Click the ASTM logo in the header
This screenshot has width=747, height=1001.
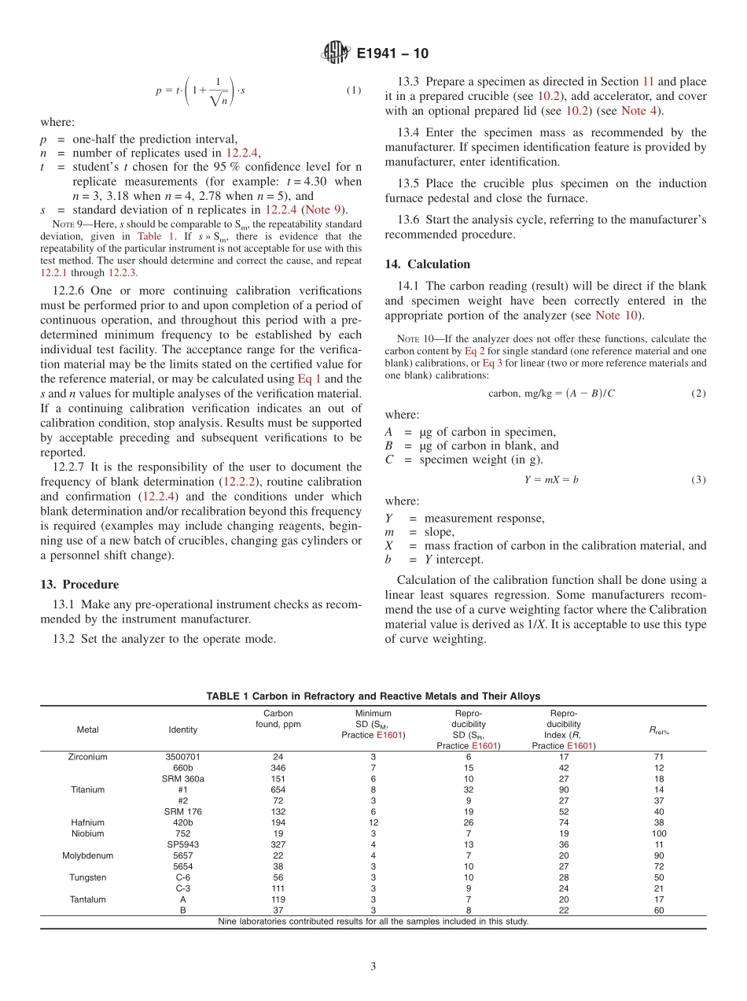[336, 54]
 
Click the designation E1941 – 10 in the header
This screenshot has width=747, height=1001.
[392, 54]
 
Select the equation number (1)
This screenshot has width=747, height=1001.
[354, 90]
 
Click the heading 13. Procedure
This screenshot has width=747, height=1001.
[79, 585]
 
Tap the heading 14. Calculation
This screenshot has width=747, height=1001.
[427, 264]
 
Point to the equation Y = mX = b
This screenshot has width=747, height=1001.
[545, 479]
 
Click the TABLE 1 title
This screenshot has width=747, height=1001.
[373, 696]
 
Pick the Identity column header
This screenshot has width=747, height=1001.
[182, 730]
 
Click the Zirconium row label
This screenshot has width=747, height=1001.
[87, 757]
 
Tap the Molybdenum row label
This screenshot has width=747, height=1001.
[87, 855]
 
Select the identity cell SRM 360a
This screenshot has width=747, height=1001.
[182, 779]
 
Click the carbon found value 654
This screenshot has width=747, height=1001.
[278, 789]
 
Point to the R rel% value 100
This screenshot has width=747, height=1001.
[659, 833]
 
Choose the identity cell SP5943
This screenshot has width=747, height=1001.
[182, 844]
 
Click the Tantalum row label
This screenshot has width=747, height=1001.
[87, 899]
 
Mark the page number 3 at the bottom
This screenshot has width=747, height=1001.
[373, 967]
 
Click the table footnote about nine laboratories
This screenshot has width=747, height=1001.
[373, 922]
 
